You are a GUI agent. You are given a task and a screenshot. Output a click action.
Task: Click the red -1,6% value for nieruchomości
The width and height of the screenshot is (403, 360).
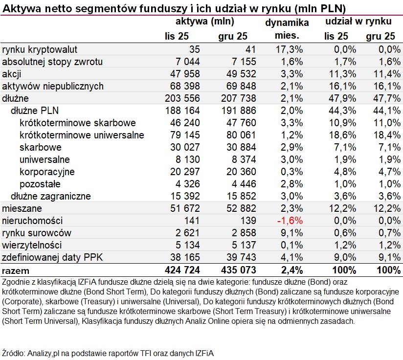coord(290,221)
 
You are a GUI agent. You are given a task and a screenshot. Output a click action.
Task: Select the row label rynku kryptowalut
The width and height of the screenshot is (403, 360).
coord(40,49)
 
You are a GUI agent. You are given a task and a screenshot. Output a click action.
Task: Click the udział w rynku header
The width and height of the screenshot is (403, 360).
coord(358,22)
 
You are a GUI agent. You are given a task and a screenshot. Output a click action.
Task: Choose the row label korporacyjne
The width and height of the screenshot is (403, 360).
coord(47,172)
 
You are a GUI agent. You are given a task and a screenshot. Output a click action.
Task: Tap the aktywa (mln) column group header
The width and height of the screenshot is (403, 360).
coord(205,22)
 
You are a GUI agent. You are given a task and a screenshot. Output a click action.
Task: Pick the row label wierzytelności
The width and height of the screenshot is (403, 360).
coord(32,245)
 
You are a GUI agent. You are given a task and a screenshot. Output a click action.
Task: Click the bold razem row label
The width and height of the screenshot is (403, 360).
coord(16,270)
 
